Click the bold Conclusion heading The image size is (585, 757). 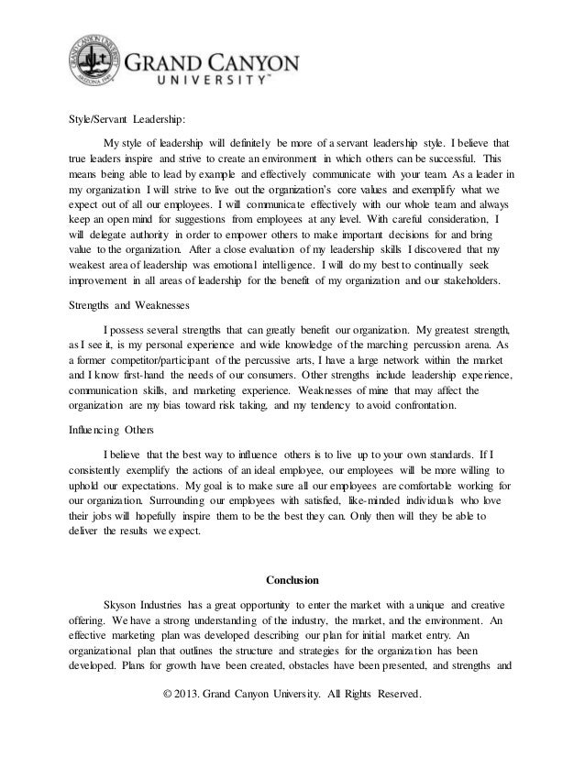point(293,579)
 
